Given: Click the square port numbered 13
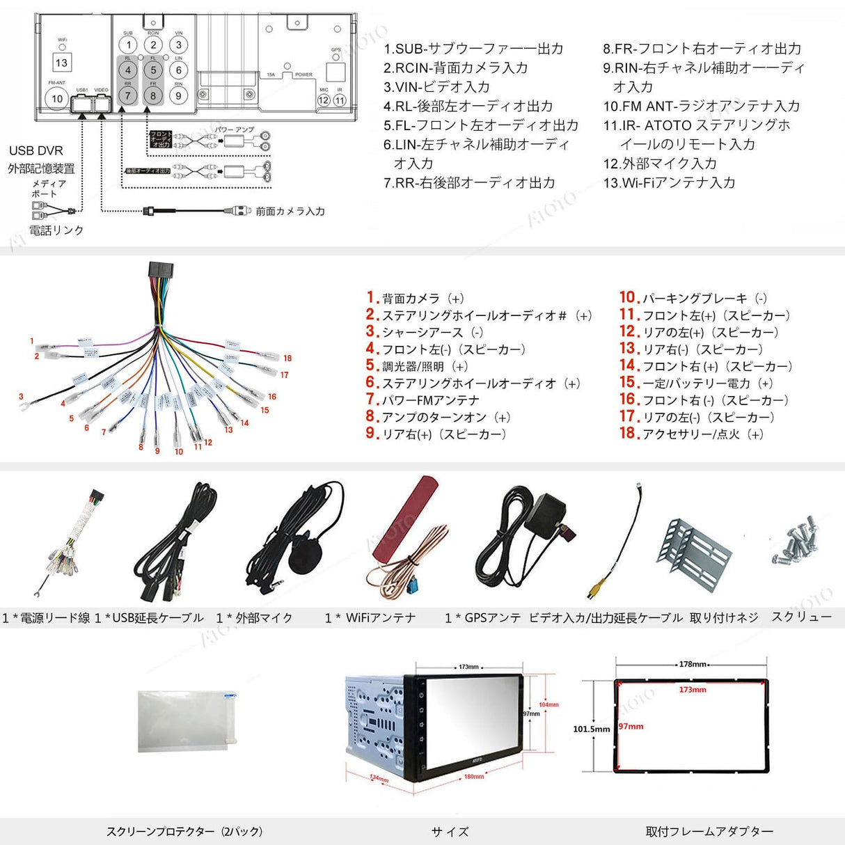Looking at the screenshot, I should (61, 63).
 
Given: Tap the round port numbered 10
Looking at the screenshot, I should (57, 99).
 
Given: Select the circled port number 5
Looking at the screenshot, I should (153, 70).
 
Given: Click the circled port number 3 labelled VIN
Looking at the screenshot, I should (178, 45).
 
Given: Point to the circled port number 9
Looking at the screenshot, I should (178, 96).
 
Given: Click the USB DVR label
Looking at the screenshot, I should (36, 150).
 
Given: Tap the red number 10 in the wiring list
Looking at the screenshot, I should (629, 297).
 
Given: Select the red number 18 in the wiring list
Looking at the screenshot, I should (629, 433).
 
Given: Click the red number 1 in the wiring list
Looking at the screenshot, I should (372, 297).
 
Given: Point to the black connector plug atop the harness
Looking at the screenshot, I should (161, 271).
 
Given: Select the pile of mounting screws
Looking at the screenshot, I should (797, 540).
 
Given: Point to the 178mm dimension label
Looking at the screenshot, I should (693, 664).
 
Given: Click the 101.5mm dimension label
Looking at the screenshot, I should (591, 729).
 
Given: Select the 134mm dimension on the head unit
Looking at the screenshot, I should (379, 778).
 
